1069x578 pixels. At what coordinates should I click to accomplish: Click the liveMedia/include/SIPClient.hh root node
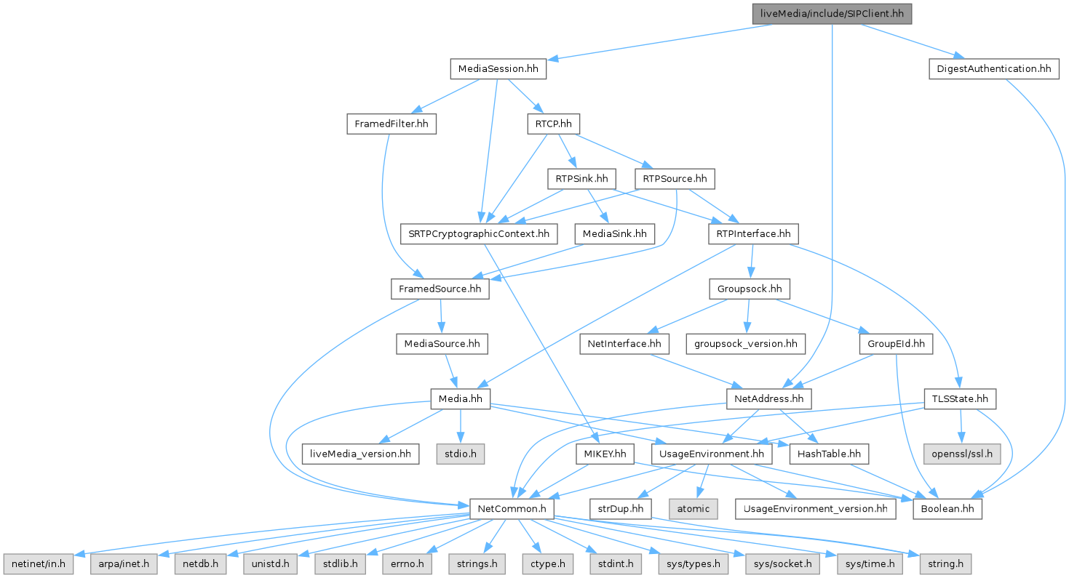point(832,14)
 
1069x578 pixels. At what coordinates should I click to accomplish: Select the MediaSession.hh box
point(498,70)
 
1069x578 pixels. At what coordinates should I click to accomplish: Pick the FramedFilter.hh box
point(391,124)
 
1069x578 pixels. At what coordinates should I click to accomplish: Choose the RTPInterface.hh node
point(753,234)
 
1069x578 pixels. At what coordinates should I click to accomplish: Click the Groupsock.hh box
point(750,289)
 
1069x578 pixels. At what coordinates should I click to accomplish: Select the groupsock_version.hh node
point(744,344)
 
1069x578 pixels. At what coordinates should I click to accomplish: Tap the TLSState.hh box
point(960,398)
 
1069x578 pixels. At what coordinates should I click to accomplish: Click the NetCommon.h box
point(512,508)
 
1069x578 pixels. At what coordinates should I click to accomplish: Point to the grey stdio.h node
point(460,454)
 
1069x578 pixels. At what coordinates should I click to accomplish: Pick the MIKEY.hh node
point(605,454)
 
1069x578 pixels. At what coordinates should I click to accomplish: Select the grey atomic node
point(693,508)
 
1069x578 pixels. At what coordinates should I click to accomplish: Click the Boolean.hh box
point(947,508)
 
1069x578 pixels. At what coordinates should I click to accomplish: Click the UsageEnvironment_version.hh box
point(815,508)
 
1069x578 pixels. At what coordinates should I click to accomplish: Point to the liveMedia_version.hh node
point(360,454)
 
